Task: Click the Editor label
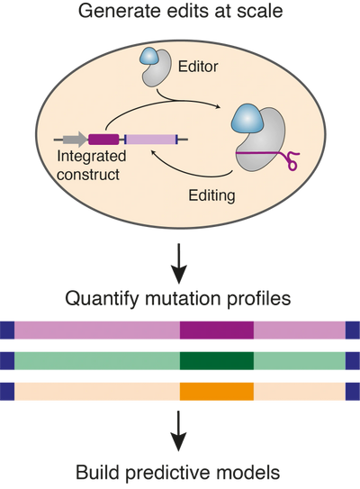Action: pos(198,67)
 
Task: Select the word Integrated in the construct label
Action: pos(91,157)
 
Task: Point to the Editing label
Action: pos(211,195)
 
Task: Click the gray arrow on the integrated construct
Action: pos(75,140)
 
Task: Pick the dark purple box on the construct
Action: pos(103,140)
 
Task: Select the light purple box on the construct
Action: pos(151,140)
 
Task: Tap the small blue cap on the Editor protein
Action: pos(149,56)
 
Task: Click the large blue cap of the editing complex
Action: pos(247,119)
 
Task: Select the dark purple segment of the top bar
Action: pos(217,331)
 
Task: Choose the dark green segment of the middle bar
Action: pos(217,361)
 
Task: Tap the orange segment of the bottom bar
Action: pos(217,392)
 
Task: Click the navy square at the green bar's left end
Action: pos(7,361)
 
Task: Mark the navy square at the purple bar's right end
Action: pos(353,331)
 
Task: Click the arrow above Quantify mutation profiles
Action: pos(179,264)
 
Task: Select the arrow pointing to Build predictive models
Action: pos(179,431)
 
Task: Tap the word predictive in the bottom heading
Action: pos(177,473)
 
